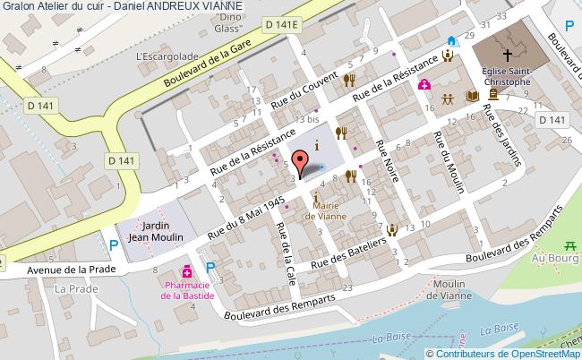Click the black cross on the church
coord(507,53)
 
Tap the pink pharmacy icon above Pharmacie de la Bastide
coord(188,270)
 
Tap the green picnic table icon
coord(569,245)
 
